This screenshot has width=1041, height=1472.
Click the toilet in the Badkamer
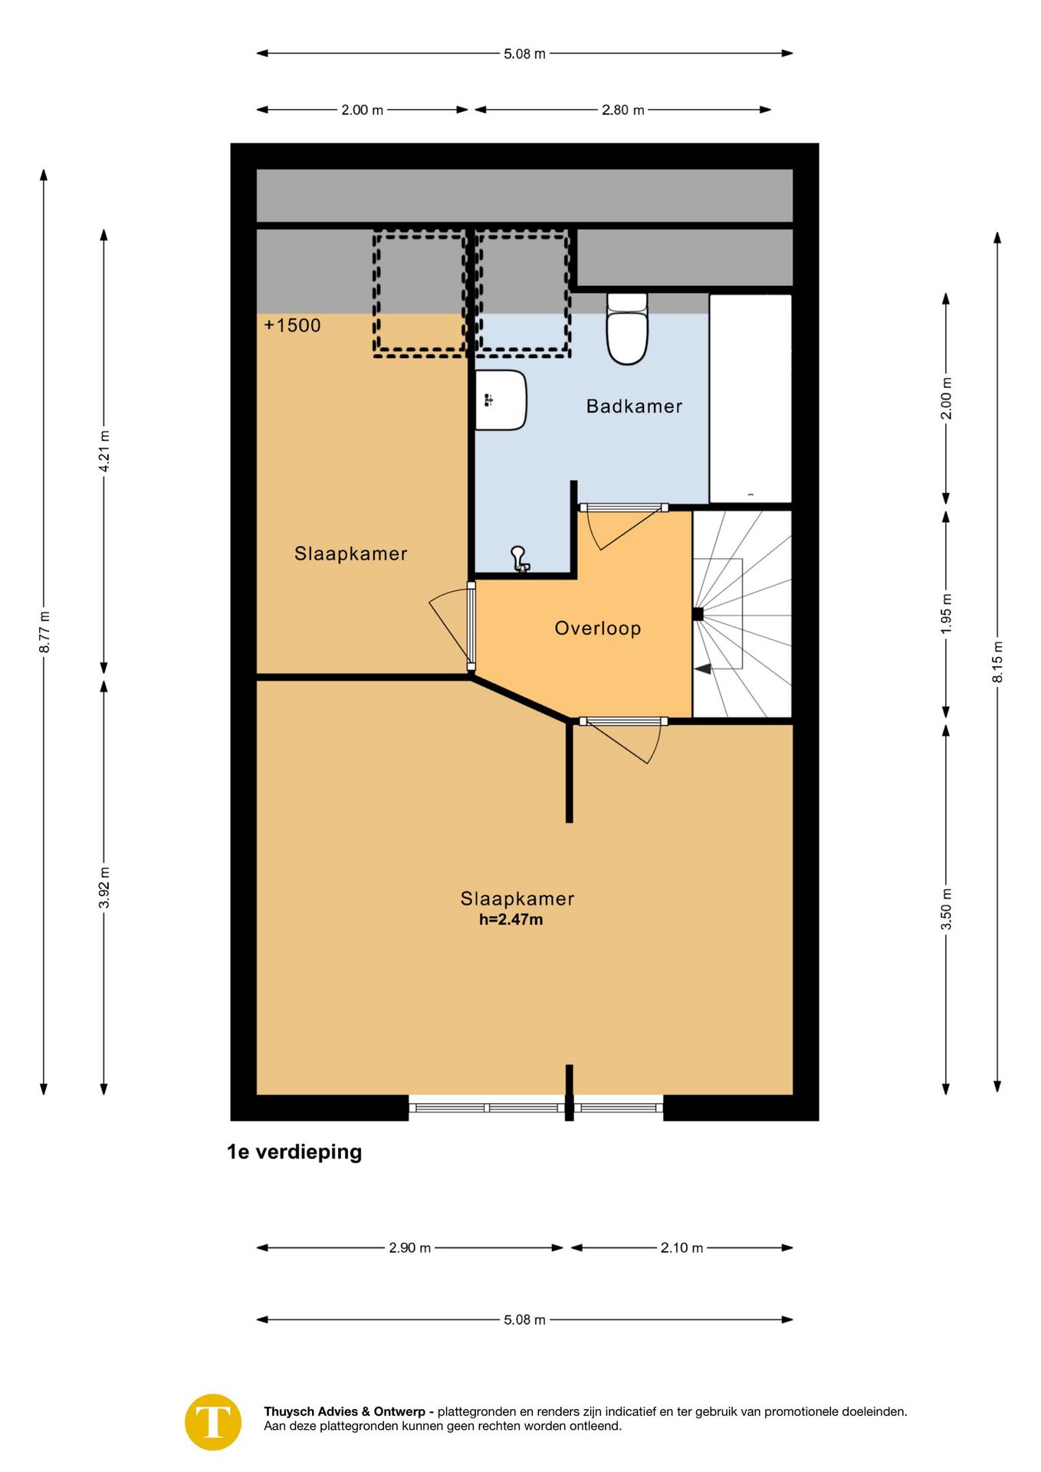(627, 328)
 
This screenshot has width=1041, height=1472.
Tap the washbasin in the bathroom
(501, 399)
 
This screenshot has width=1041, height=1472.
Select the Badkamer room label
(634, 406)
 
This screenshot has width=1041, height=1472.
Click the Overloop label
(597, 629)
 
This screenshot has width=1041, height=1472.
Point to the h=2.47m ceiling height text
(511, 919)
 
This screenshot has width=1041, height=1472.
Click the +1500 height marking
(292, 325)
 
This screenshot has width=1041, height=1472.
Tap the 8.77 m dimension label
(44, 632)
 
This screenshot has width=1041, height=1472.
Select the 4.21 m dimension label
(104, 452)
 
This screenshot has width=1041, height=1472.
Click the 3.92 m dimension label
(104, 888)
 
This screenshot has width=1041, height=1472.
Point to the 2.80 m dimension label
(622, 110)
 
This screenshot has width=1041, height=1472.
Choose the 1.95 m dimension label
(947, 613)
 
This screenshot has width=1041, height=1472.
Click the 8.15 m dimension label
(997, 662)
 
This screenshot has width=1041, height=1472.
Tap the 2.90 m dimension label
(409, 1247)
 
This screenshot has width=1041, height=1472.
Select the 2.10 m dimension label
(681, 1247)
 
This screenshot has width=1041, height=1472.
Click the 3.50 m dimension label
(947, 909)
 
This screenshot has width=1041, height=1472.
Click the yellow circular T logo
(213, 1422)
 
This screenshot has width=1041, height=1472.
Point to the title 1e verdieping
(294, 1152)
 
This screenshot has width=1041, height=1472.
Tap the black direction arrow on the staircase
(702, 669)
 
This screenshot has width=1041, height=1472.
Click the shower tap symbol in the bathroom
(520, 559)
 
